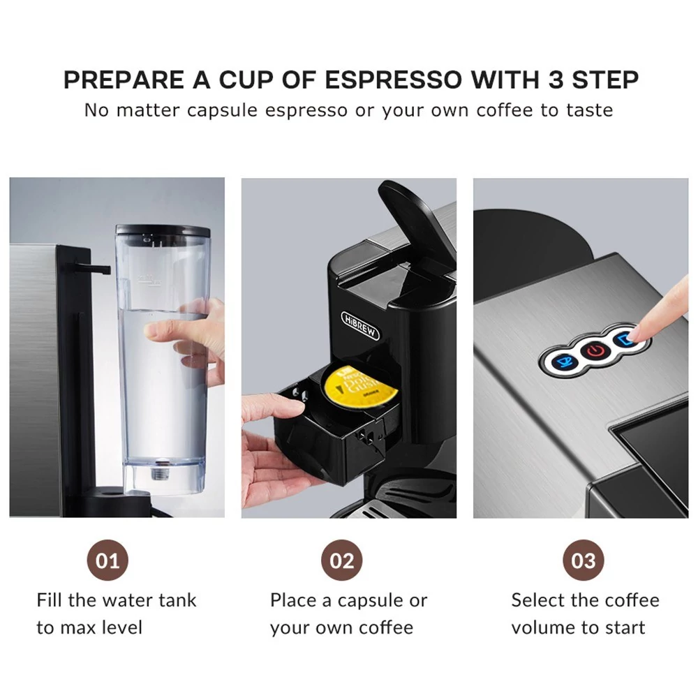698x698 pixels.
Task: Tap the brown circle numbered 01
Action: [107, 560]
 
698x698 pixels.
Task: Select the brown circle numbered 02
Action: [342, 560]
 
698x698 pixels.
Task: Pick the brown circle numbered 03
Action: [583, 560]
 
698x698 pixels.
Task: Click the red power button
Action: [595, 351]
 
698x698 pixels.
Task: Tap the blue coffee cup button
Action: [565, 362]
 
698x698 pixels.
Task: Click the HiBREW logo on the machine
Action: [359, 326]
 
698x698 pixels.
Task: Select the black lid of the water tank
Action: [163, 230]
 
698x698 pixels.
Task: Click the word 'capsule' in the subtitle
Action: [222, 110]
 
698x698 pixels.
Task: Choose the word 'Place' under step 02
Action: [296, 600]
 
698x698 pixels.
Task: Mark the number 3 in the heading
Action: [556, 80]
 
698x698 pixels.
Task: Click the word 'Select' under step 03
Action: [537, 600]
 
